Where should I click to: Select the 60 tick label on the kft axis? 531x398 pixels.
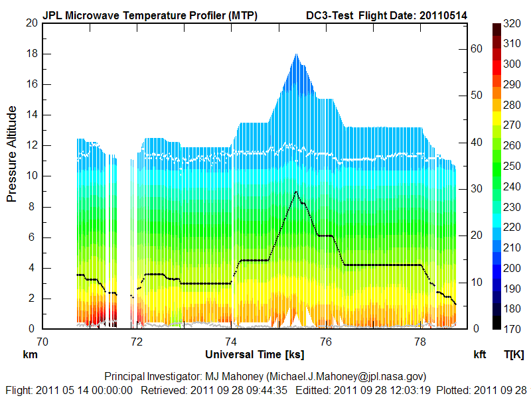tap(476, 48)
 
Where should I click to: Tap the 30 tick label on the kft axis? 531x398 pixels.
tap(476, 188)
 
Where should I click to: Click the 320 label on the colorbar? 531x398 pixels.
tap(511, 23)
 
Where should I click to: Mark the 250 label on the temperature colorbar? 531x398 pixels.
tap(511, 166)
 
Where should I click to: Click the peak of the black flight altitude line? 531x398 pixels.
tap(296, 192)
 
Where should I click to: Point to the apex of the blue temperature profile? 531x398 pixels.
tap(296, 54)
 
